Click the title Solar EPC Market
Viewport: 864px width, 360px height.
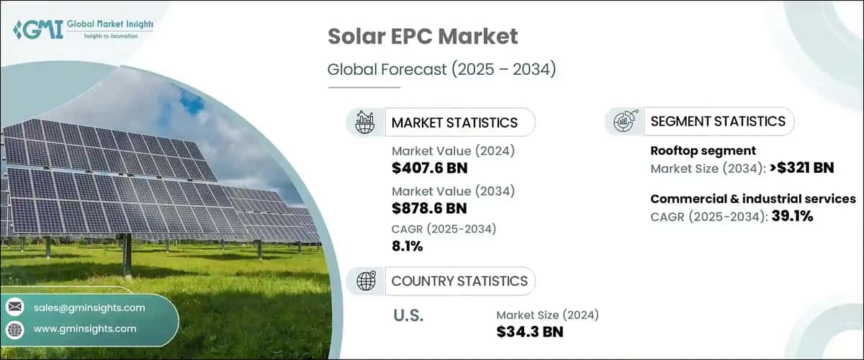pyautogui.click(x=423, y=36)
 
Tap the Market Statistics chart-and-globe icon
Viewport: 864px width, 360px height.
pyautogui.click(x=366, y=122)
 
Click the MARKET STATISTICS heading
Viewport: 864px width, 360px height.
pyautogui.click(x=454, y=122)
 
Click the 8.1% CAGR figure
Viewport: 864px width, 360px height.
pyautogui.click(x=408, y=246)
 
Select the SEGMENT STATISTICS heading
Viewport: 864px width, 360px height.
pyautogui.click(x=717, y=122)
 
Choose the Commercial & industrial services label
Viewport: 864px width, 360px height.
pyautogui.click(x=752, y=199)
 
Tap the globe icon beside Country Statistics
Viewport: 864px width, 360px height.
pyautogui.click(x=366, y=281)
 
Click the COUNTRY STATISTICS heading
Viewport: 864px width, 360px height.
pyautogui.click(x=459, y=281)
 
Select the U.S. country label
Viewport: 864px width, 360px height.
pyautogui.click(x=408, y=315)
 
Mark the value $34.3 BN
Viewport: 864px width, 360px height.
pyautogui.click(x=529, y=331)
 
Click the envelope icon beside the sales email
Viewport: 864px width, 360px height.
pyautogui.click(x=14, y=307)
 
